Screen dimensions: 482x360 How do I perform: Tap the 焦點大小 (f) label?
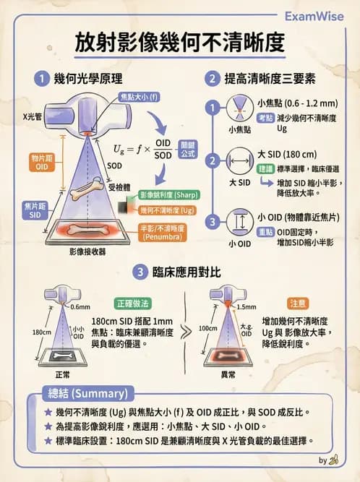click(x=139, y=97)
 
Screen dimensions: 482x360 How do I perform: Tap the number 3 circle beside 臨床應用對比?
click(x=141, y=272)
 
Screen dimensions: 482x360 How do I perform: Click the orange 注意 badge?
click(x=298, y=303)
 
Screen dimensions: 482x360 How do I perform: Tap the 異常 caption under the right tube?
click(x=228, y=376)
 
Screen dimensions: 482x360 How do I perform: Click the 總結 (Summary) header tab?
click(x=76, y=394)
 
